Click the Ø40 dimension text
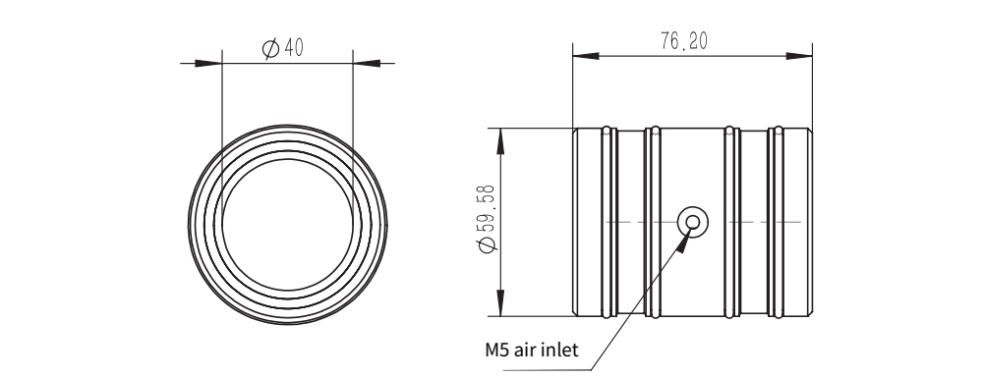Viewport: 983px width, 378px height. pyautogui.click(x=282, y=47)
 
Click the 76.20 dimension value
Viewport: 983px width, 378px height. pyautogui.click(x=684, y=41)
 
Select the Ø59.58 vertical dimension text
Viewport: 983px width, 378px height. pyautogui.click(x=488, y=218)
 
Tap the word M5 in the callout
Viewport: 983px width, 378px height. pyautogui.click(x=497, y=350)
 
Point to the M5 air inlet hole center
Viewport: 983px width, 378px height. pyautogui.click(x=693, y=222)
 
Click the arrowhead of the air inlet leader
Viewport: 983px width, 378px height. pyautogui.click(x=684, y=242)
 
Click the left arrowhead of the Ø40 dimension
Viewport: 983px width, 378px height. pyautogui.click(x=208, y=63)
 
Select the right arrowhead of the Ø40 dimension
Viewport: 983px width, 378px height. pyautogui.click(x=367, y=63)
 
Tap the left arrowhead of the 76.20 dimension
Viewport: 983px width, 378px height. pyautogui.click(x=586, y=56)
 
